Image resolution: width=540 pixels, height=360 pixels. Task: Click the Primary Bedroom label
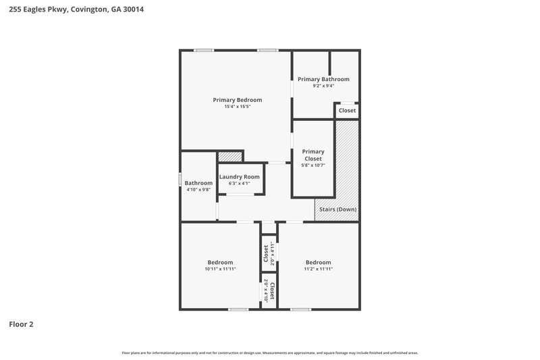[237, 99]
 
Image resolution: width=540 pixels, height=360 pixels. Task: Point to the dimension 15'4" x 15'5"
[237, 106]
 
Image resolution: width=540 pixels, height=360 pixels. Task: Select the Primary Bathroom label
[323, 79]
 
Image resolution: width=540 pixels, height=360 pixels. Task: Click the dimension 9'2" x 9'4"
[323, 86]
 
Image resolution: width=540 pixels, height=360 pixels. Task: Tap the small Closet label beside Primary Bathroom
[347, 110]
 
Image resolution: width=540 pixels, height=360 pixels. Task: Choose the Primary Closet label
[313, 155]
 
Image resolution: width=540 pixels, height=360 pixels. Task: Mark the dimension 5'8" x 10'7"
[313, 165]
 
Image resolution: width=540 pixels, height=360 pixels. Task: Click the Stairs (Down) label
[337, 209]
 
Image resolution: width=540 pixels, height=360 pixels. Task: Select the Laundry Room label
[239, 176]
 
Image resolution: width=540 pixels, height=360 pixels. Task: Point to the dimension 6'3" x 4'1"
[239, 183]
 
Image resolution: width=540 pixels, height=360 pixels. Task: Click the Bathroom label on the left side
[198, 183]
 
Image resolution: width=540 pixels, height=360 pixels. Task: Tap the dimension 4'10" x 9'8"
[198, 190]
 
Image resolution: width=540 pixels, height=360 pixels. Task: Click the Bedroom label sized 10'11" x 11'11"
[220, 262]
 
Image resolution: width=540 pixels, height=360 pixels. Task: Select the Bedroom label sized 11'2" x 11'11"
[318, 262]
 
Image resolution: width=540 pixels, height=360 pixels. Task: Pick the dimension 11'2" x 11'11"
[318, 269]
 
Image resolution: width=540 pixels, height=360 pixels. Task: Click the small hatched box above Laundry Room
[230, 157]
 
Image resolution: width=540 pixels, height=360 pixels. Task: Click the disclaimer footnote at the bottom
[270, 353]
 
